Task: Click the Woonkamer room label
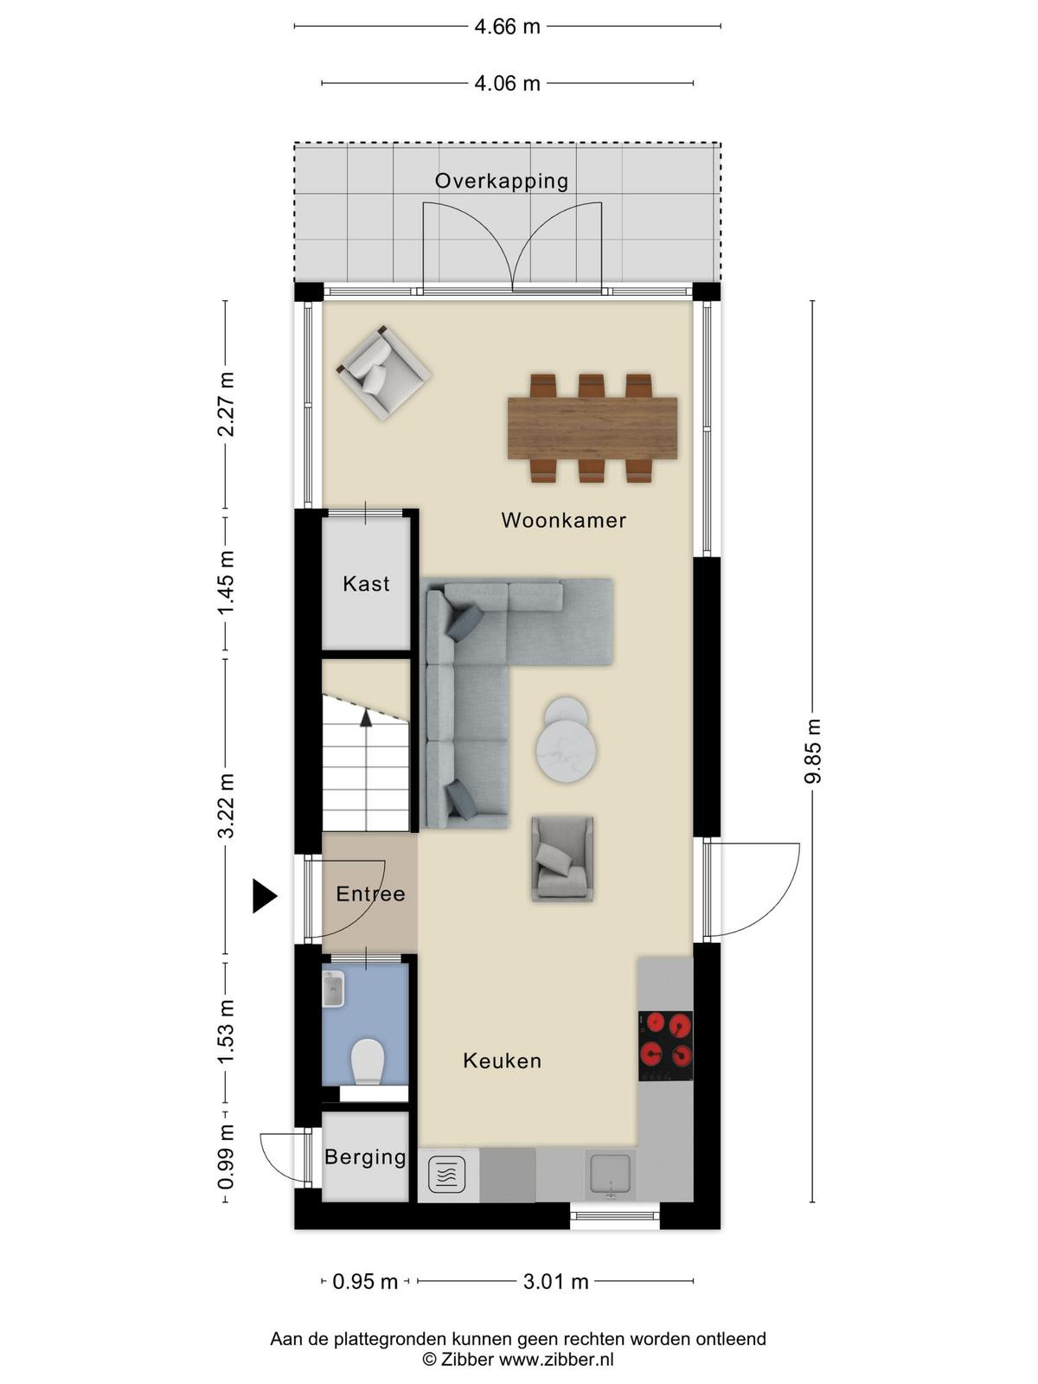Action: pyautogui.click(x=563, y=520)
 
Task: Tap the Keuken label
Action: pyautogui.click(x=503, y=1060)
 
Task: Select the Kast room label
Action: pyautogui.click(x=366, y=583)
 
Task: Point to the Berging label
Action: pyautogui.click(x=366, y=1157)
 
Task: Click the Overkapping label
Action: pyautogui.click(x=502, y=181)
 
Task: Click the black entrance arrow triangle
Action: pyautogui.click(x=265, y=895)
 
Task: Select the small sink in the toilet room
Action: pyautogui.click(x=333, y=989)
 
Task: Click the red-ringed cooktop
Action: pyautogui.click(x=665, y=1046)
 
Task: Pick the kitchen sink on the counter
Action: pyautogui.click(x=610, y=1174)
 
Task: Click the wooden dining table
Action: pyautogui.click(x=593, y=428)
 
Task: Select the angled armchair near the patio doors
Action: pyautogui.click(x=383, y=373)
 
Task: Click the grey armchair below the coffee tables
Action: pyautogui.click(x=562, y=859)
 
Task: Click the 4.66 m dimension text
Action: pyautogui.click(x=508, y=27)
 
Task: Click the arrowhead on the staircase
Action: pyautogui.click(x=366, y=718)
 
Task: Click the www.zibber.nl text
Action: pyautogui.click(x=556, y=1360)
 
